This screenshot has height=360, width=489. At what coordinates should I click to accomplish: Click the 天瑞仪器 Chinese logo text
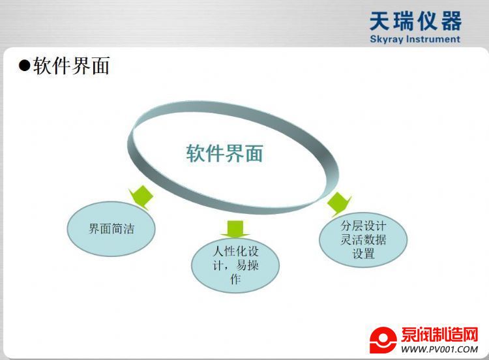(x=415, y=21)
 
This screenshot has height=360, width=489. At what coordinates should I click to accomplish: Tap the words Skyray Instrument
(x=415, y=39)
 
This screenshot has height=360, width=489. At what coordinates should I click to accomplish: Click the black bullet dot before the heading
(x=24, y=65)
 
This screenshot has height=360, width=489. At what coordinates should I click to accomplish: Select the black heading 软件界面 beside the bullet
(x=71, y=65)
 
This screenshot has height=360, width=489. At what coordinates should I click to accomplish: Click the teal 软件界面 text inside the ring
(x=224, y=153)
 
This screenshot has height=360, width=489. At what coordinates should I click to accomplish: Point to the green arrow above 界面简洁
(x=141, y=197)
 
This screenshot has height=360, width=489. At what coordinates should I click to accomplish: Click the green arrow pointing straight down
(x=235, y=230)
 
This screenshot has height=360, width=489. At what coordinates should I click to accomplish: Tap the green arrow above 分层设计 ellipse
(x=338, y=204)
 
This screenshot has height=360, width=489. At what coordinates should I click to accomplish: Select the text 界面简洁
(x=111, y=229)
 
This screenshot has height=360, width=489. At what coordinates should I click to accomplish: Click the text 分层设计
(x=363, y=226)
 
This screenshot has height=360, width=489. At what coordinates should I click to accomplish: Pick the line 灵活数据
(x=363, y=239)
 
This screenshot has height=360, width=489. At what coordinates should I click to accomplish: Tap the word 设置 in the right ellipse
(x=363, y=253)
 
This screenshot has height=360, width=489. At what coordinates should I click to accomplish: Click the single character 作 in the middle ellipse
(x=235, y=279)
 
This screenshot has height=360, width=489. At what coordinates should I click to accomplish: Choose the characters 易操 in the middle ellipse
(x=247, y=265)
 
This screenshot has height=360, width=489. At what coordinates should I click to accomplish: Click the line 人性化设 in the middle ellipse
(x=235, y=251)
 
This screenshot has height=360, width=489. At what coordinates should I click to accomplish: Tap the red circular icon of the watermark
(x=383, y=340)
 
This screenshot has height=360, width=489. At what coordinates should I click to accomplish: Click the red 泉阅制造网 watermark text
(x=439, y=335)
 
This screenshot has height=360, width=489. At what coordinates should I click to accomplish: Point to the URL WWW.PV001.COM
(x=439, y=349)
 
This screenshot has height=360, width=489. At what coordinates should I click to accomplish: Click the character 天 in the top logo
(x=380, y=21)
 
